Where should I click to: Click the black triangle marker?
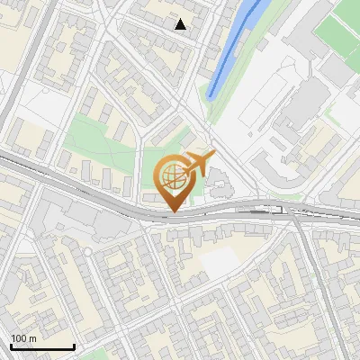(181, 24)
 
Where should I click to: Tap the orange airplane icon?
(200, 163)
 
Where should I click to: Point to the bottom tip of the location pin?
(171, 211)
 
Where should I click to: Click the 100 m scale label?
(23, 338)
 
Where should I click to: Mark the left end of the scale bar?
(11, 346)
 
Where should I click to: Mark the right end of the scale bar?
(74, 346)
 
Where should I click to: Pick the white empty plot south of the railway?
(220, 262)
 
